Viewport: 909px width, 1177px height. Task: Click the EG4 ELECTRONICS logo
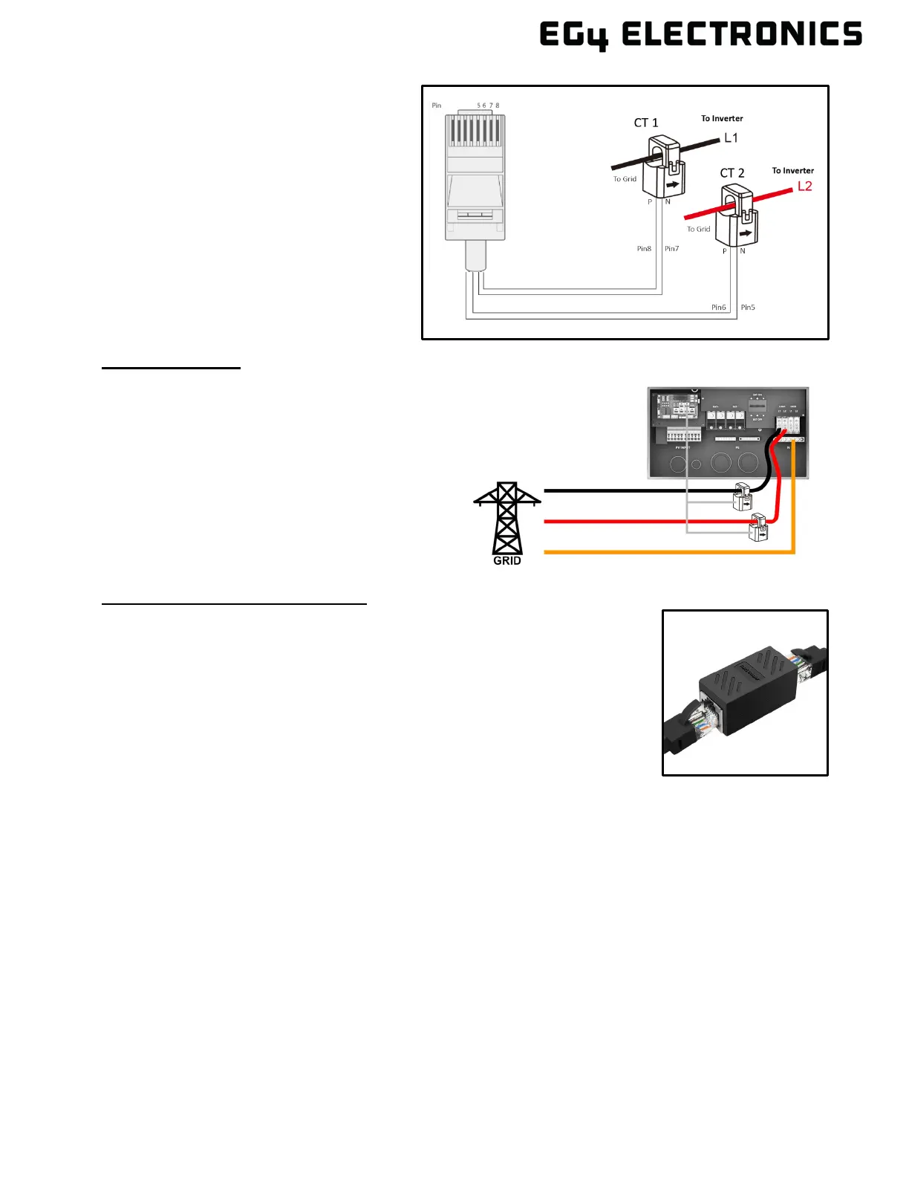pyautogui.click(x=700, y=35)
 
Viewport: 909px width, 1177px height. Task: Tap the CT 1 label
pyautogui.click(x=645, y=123)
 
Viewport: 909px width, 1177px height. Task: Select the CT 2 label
pyautogui.click(x=732, y=173)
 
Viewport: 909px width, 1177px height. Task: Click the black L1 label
pyautogui.click(x=731, y=137)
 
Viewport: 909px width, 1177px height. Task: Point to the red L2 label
pyautogui.click(x=804, y=186)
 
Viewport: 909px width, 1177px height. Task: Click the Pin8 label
pyautogui.click(x=644, y=249)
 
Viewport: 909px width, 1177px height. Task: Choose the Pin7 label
pyautogui.click(x=671, y=249)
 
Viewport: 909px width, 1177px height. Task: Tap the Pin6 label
pyautogui.click(x=718, y=308)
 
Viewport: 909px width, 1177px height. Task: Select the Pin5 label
pyautogui.click(x=748, y=308)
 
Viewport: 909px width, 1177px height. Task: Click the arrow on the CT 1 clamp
pyautogui.click(x=671, y=185)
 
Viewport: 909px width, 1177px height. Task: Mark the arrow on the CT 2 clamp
pyautogui.click(x=746, y=233)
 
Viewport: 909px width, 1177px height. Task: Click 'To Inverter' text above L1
pyautogui.click(x=722, y=119)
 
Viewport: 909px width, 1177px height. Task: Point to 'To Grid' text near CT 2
pyautogui.click(x=698, y=229)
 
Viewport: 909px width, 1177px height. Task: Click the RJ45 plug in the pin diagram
pyautogui.click(x=475, y=178)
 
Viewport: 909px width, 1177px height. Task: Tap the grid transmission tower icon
pyautogui.click(x=507, y=517)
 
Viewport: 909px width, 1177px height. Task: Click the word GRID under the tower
pyautogui.click(x=507, y=561)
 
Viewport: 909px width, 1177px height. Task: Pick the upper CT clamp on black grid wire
pyautogui.click(x=743, y=496)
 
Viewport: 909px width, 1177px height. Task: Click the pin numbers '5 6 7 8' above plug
pyautogui.click(x=488, y=106)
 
